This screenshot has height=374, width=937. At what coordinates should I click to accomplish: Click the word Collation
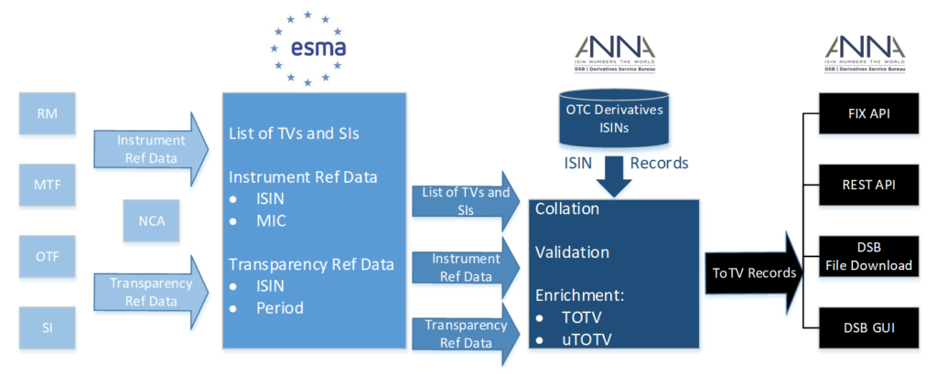[566, 209]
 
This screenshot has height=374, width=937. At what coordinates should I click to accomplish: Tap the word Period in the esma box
[279, 308]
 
